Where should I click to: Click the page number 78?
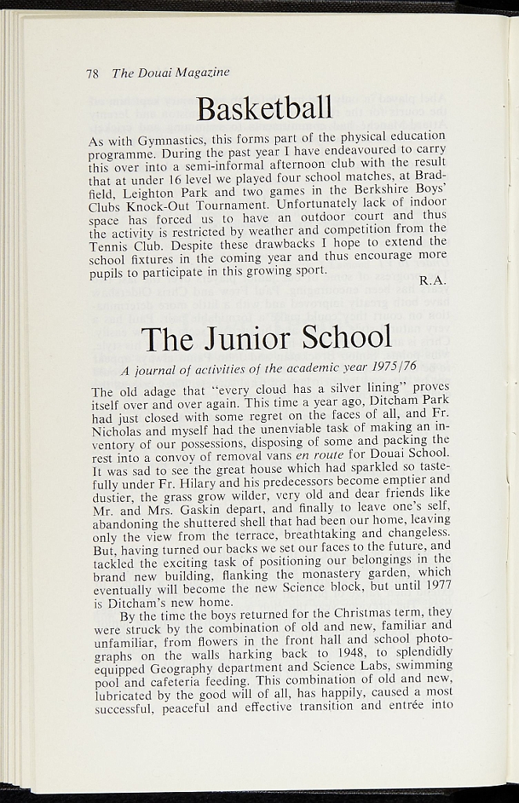point(92,73)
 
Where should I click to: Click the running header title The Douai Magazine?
point(170,72)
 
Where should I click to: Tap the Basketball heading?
point(264,108)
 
